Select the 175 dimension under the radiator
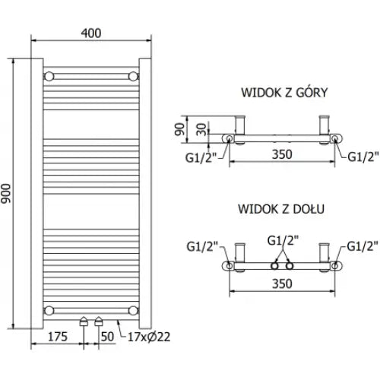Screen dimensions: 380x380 coord(58,334)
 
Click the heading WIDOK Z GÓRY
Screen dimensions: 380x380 coord(283,93)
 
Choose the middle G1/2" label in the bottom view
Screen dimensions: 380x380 coord(283,241)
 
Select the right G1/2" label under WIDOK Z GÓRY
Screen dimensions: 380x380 coord(363,157)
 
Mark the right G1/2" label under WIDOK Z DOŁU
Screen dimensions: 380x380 coord(363,246)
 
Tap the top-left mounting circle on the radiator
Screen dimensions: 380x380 coord(50,76)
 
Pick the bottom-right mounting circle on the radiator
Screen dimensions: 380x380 coord(134,309)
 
